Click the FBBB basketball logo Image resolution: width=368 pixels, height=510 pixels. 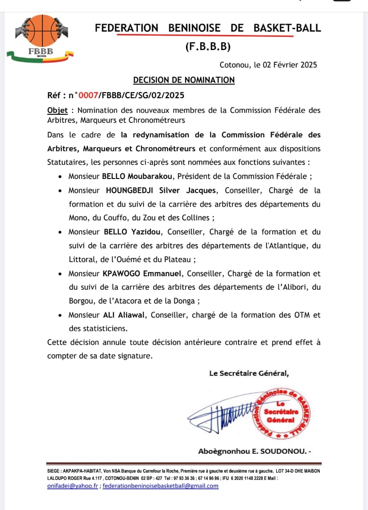click(42, 38)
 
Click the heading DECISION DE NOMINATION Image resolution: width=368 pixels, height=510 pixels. click(184, 80)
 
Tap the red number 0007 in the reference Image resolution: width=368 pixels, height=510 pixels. click(88, 95)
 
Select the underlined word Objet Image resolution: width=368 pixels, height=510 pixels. click(57, 110)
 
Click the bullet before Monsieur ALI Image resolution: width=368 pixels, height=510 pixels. click(59, 315)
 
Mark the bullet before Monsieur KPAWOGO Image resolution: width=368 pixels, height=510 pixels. click(59, 274)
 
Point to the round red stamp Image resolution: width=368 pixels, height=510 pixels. click(281, 411)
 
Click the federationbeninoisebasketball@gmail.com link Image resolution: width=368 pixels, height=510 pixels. click(161, 486)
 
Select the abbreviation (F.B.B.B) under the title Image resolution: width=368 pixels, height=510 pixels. click(208, 46)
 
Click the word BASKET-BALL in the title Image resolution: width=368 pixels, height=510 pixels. click(287, 28)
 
